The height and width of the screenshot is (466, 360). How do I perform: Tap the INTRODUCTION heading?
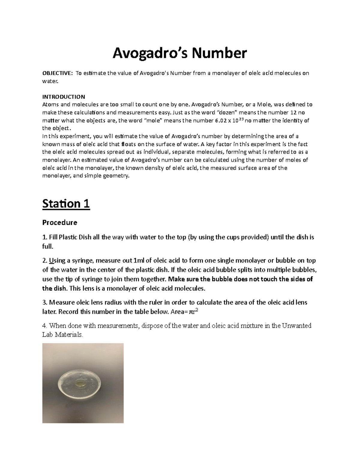[64, 97]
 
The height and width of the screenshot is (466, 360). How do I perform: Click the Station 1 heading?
[66, 204]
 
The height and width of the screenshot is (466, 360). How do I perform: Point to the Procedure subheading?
[60, 222]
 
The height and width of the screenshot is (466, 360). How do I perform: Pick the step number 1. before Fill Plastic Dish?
[45, 237]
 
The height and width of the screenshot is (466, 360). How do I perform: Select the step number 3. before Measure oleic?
[45, 302]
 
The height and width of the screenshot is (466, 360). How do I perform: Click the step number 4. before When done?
[45, 326]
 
